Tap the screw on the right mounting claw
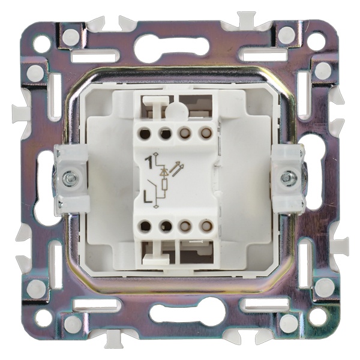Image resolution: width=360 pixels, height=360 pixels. [286, 176]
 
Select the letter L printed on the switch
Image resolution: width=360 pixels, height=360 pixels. [148, 196]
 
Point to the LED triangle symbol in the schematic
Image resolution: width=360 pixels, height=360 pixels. [164, 172]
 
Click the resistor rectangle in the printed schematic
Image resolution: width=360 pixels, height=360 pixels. [164, 185]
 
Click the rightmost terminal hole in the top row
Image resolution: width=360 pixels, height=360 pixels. [204, 133]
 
